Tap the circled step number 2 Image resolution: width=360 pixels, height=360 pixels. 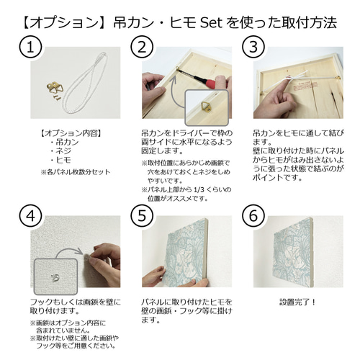[142, 48]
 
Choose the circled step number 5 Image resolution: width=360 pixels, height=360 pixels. [142, 215]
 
